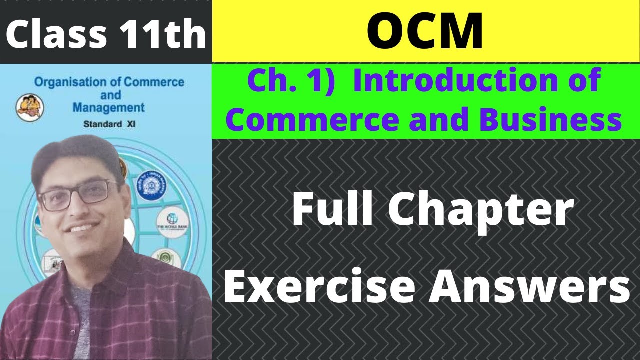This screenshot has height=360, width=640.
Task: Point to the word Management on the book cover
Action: click(x=108, y=107)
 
